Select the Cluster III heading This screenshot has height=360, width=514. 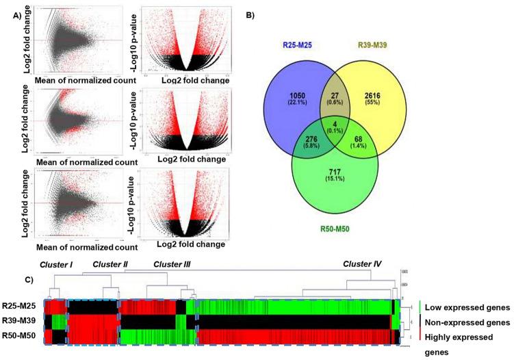point(172,263)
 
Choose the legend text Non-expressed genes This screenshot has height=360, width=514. point(467,322)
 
